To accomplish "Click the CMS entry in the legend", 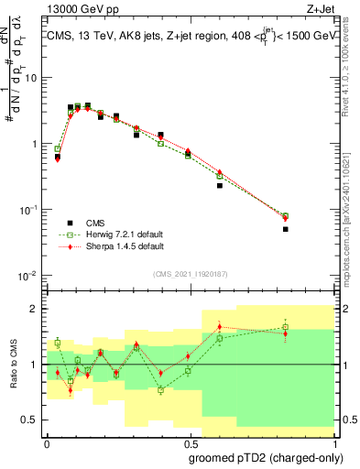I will coord(96,222).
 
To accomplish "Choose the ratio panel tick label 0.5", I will coord(33,420).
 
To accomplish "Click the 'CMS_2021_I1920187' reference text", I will coord(190,273).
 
